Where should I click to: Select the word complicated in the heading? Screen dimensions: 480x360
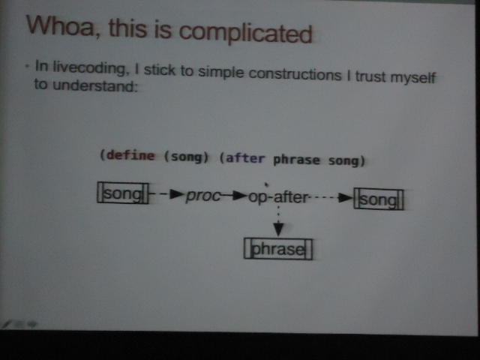[x=245, y=33]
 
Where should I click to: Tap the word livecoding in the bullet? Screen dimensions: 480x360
[x=89, y=67]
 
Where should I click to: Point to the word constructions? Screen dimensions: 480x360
[x=295, y=74]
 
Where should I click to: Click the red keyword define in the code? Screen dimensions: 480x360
[x=130, y=155]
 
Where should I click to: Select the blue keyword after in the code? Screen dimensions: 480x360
[x=245, y=158]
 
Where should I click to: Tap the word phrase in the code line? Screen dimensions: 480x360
[x=296, y=160]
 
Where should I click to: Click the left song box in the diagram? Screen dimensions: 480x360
[x=123, y=193]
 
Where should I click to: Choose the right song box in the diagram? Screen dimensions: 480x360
[x=379, y=199]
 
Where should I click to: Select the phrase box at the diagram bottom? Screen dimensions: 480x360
[x=278, y=249]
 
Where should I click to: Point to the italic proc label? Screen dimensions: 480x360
[x=202, y=196]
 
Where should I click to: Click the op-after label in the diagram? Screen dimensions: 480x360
[x=278, y=197]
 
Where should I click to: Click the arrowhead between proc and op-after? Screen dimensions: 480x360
[x=240, y=195]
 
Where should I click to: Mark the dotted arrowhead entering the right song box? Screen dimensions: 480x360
[x=346, y=198]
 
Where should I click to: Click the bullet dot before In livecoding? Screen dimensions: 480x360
[x=28, y=66]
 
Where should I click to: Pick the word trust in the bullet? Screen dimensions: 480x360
[x=370, y=76]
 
